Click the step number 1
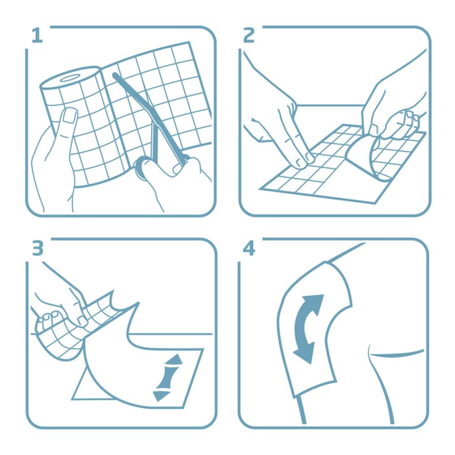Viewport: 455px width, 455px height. click(37, 36)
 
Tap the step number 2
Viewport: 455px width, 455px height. click(249, 35)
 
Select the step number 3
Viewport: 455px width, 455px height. click(38, 248)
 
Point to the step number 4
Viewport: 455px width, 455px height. click(249, 248)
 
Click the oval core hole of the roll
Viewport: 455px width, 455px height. click(70, 78)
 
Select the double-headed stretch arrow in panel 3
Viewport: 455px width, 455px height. click(168, 377)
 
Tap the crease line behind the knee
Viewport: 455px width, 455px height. click(396, 354)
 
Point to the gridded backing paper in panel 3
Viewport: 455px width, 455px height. click(73, 325)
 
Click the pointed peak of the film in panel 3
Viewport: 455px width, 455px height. click(137, 304)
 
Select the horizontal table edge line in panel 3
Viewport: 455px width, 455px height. click(171, 334)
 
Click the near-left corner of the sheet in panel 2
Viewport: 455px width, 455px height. click(260, 189)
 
